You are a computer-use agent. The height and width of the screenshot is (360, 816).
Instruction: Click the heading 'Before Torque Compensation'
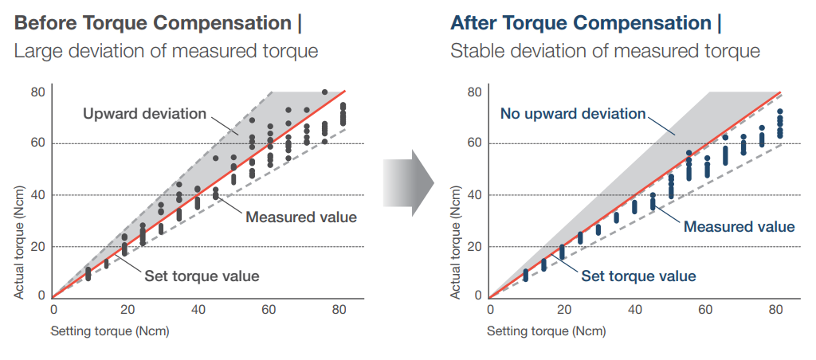[153, 23]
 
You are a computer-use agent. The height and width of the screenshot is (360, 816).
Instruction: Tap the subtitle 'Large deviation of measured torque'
[167, 52]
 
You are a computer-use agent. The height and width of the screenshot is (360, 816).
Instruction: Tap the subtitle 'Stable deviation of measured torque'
[605, 52]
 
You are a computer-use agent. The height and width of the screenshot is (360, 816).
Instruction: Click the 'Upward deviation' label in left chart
[144, 114]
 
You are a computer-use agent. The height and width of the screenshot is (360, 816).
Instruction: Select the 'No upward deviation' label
[572, 114]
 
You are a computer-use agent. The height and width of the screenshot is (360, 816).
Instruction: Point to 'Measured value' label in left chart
[300, 217]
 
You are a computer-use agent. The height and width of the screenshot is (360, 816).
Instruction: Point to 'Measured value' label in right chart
[739, 227]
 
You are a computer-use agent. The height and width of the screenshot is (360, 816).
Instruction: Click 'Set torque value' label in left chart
[202, 277]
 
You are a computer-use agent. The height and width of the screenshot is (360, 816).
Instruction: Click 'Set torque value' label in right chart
[638, 277]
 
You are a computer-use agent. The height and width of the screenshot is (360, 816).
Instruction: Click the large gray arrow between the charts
[406, 186]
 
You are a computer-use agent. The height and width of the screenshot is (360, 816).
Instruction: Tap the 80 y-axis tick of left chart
[37, 92]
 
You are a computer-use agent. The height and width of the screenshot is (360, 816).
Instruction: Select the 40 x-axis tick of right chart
[634, 310]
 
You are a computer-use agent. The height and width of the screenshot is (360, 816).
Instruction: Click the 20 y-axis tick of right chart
[474, 247]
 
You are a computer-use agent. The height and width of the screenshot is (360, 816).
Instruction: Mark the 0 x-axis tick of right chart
[490, 310]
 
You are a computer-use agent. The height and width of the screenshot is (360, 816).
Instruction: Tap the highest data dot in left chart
[324, 92]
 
